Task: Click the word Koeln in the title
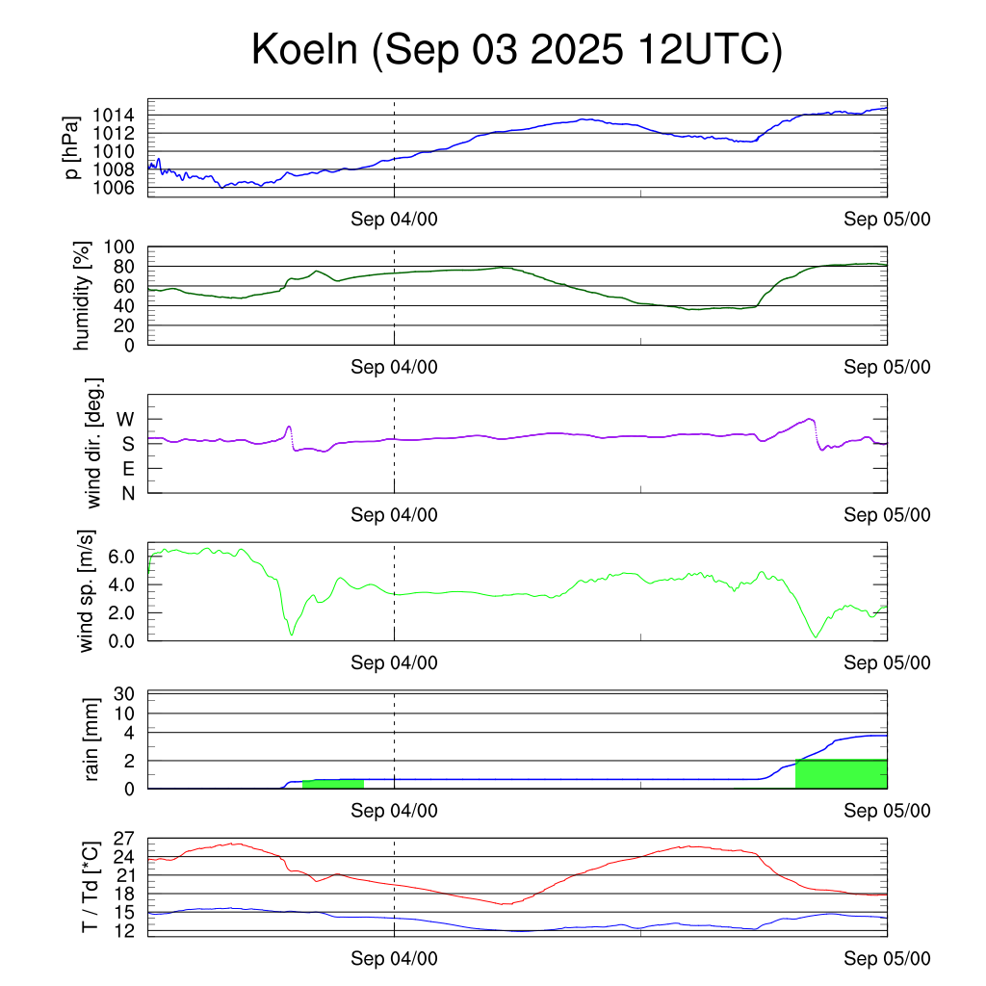[x=304, y=50]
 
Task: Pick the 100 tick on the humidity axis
[x=122, y=247]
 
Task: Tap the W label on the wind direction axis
[x=126, y=420]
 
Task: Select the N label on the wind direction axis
[x=127, y=493]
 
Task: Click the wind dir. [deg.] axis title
[x=93, y=444]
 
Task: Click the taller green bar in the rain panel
[x=841, y=774]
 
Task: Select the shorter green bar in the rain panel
[x=332, y=783]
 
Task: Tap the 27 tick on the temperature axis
[x=124, y=839]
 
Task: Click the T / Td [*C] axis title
[x=89, y=885]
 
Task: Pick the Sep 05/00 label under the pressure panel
[x=887, y=220]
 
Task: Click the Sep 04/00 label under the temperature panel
[x=394, y=959]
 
